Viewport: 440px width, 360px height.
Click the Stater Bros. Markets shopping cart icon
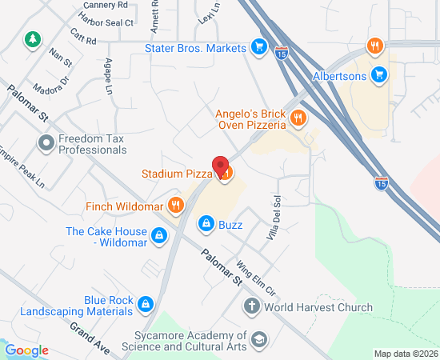tap(258, 48)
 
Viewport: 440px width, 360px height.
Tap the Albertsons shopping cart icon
tap(380, 76)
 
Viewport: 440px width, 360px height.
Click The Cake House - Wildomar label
tap(106, 237)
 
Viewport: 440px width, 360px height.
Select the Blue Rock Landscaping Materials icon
tap(146, 304)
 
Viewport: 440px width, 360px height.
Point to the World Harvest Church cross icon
tap(251, 307)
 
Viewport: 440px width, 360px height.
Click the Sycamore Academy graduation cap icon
tap(258, 341)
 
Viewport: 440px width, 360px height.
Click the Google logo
tap(26, 350)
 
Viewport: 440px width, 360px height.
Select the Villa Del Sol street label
tap(273, 218)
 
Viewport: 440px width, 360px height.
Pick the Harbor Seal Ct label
tap(107, 22)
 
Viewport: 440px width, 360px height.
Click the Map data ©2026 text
tap(406, 354)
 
